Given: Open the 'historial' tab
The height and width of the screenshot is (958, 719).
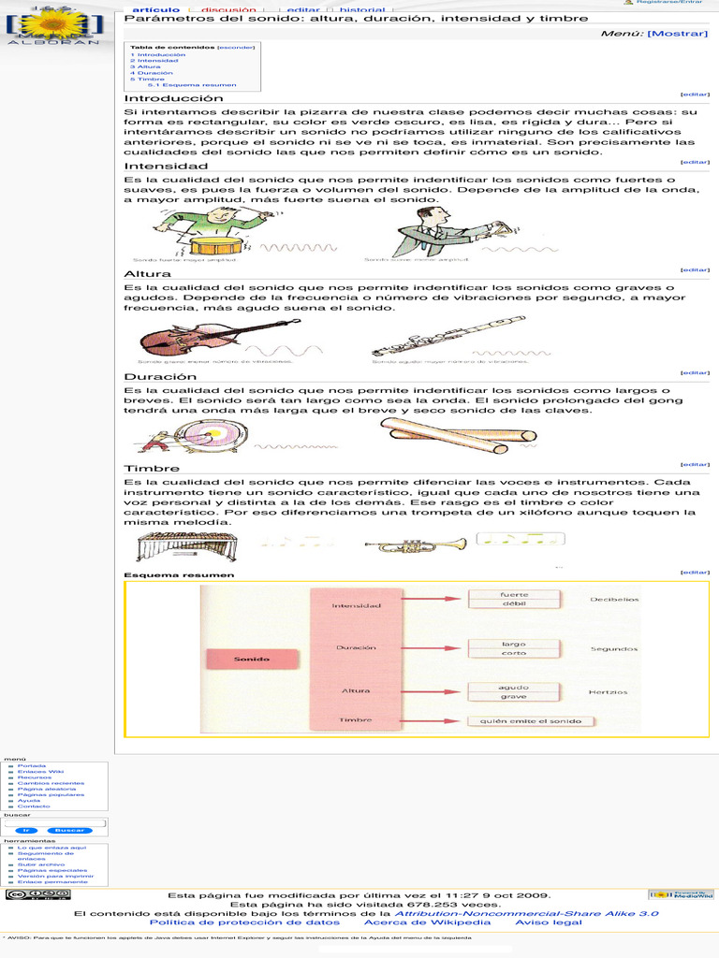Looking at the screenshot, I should point(361,10).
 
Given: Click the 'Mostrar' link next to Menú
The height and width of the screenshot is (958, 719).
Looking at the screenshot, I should point(678,33).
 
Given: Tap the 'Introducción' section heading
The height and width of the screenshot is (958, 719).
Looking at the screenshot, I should point(174,98).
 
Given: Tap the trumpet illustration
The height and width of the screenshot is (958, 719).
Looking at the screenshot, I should point(416,544).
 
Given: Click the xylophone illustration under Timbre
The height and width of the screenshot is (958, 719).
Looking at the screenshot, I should point(187,545).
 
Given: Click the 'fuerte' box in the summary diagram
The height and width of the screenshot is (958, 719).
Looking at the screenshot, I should point(514,594).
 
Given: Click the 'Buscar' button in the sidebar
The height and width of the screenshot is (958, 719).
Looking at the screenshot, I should point(69,830).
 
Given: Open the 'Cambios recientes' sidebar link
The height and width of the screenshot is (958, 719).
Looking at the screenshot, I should point(51,783).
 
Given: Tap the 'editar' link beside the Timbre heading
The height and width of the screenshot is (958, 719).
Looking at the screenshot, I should point(695,464).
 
